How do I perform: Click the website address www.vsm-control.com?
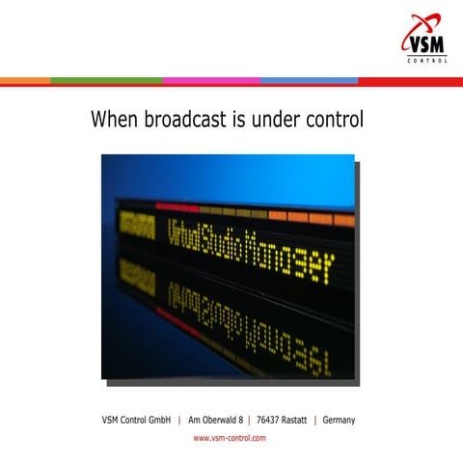230,438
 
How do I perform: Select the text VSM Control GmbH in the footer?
136,420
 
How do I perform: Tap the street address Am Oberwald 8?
215,420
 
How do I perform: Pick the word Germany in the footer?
340,420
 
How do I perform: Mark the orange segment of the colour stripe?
25,80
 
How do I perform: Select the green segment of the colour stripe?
106,80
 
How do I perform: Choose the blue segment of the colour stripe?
309,80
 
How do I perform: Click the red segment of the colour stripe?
410,80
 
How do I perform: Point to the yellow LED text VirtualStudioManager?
248,245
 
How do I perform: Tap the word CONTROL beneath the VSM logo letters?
425,60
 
